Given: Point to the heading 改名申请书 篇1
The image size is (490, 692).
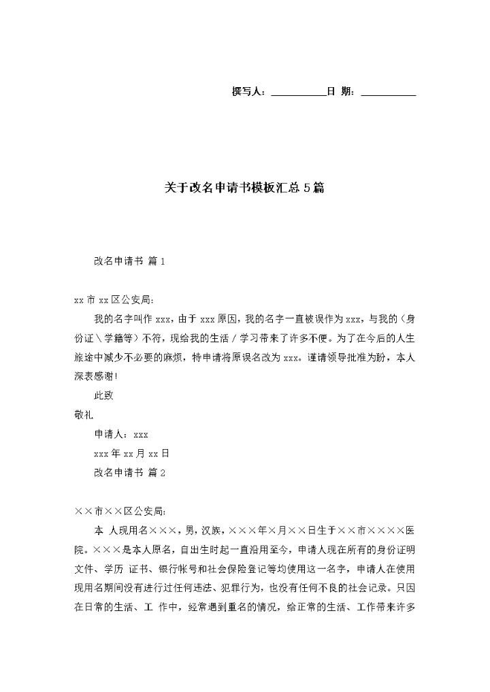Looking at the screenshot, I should pyautogui.click(x=129, y=261).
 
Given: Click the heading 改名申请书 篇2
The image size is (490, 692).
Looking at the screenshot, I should pyautogui.click(x=129, y=472).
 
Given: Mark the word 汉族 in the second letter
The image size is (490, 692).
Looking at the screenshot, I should pyautogui.click(x=208, y=530).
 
